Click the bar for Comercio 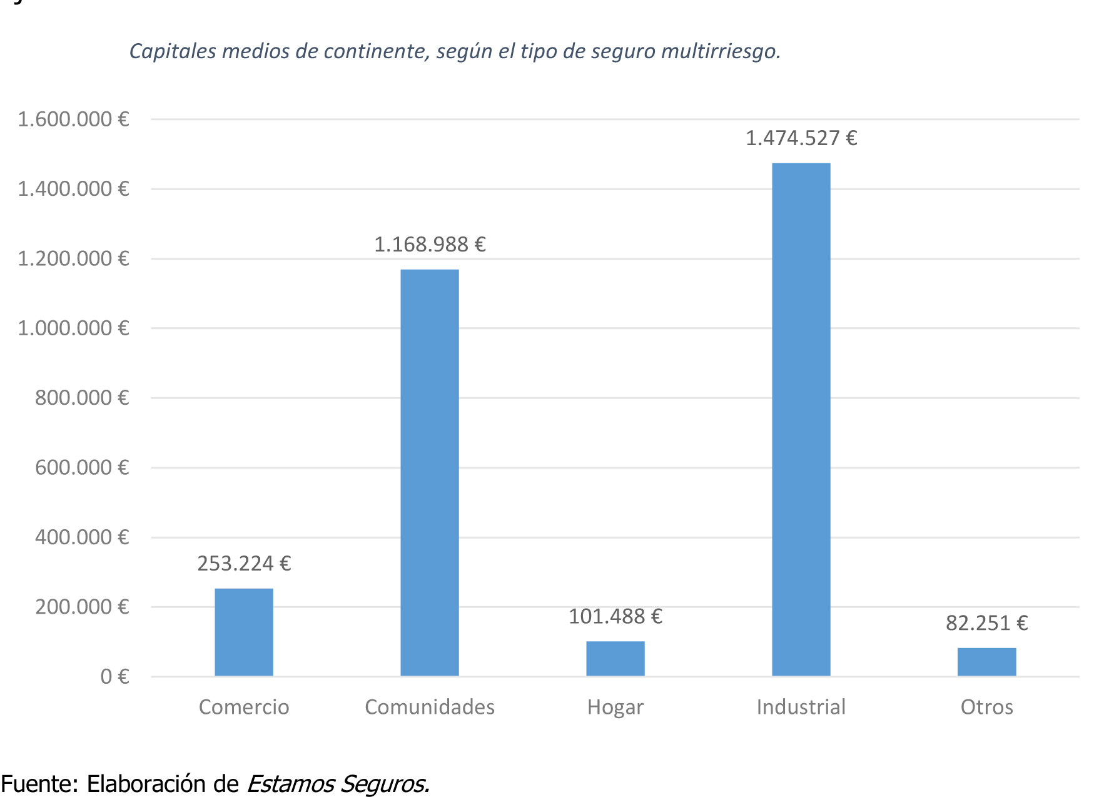244,632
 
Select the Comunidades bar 429,472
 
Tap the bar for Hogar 615,658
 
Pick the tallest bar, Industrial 801,419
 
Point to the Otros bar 986,662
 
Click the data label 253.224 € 244,564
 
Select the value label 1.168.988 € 430,245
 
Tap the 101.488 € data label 615,617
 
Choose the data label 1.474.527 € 801,138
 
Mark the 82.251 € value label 986,623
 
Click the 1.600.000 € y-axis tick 73,119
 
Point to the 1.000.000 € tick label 73,328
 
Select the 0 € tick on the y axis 114,676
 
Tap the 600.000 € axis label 82,467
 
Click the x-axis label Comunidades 430,707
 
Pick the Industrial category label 801,707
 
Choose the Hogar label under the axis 615,707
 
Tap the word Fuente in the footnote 38,783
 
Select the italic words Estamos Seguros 338,783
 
